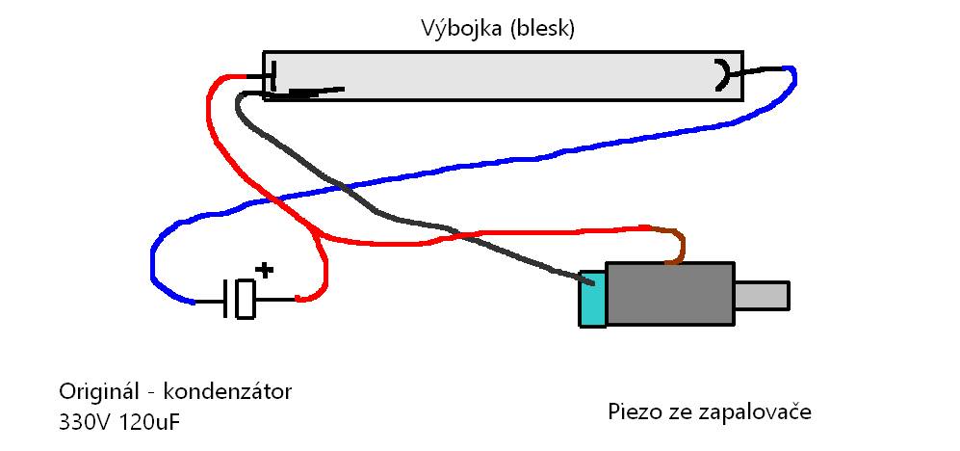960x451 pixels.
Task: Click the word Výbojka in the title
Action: pos(461,28)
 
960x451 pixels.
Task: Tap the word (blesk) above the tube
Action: pos(542,29)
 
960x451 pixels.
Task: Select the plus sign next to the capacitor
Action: pos(264,270)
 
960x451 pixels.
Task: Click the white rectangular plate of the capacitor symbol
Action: pos(245,299)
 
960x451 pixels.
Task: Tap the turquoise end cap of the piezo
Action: pos(592,299)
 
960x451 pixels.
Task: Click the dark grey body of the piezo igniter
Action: pos(670,294)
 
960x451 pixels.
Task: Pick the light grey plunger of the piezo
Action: pos(762,295)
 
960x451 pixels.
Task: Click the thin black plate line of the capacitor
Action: pos(226,299)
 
